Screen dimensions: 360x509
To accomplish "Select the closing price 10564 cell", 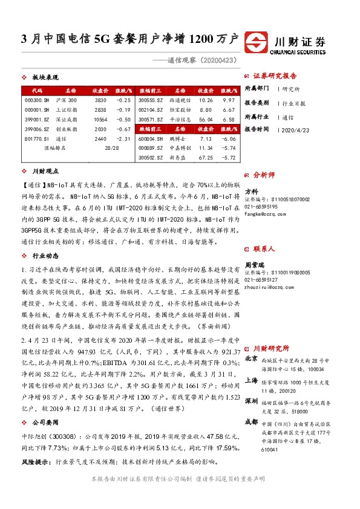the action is pyautogui.click(x=100, y=120).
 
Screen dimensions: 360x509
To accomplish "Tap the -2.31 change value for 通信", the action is pyautogui.click(x=123, y=138).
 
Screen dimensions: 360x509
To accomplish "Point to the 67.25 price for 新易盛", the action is pyautogui.click(x=207, y=158).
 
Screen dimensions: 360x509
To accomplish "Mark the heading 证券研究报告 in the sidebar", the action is pyautogui.click(x=275, y=76).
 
